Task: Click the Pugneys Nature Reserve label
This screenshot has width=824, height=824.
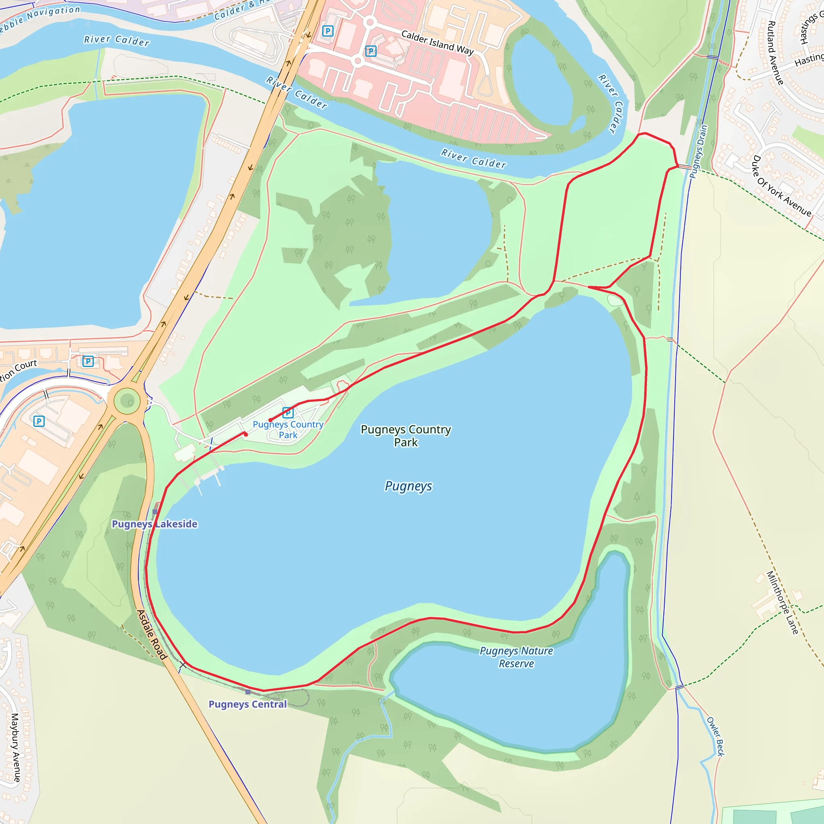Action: [x=516, y=657]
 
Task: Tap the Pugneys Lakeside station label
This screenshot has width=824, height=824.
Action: [x=154, y=524]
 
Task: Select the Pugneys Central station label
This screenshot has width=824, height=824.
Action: [x=247, y=704]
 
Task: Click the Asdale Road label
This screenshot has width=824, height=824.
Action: [x=151, y=634]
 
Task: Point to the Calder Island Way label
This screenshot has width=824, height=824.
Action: [x=437, y=43]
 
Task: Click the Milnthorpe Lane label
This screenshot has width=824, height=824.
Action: [x=782, y=602]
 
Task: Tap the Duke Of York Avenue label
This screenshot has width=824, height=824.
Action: [x=781, y=186]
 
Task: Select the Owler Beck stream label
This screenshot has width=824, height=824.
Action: [x=715, y=736]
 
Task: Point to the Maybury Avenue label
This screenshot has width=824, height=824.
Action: [x=15, y=747]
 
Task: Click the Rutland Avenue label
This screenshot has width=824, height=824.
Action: [x=775, y=52]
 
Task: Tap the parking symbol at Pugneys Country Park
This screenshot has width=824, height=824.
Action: [x=288, y=412]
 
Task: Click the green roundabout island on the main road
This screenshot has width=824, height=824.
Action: [x=127, y=401]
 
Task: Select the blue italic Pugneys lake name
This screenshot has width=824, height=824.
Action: [x=408, y=486]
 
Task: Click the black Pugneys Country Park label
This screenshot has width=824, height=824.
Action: [x=406, y=435]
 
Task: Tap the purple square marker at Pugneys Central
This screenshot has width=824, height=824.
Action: [x=248, y=692]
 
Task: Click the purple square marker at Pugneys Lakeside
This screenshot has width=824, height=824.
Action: [x=155, y=511]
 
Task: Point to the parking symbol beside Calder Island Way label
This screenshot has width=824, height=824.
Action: [x=371, y=51]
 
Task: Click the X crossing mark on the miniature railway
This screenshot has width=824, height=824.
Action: [x=183, y=665]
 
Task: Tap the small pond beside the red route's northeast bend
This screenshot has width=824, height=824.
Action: [x=615, y=300]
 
